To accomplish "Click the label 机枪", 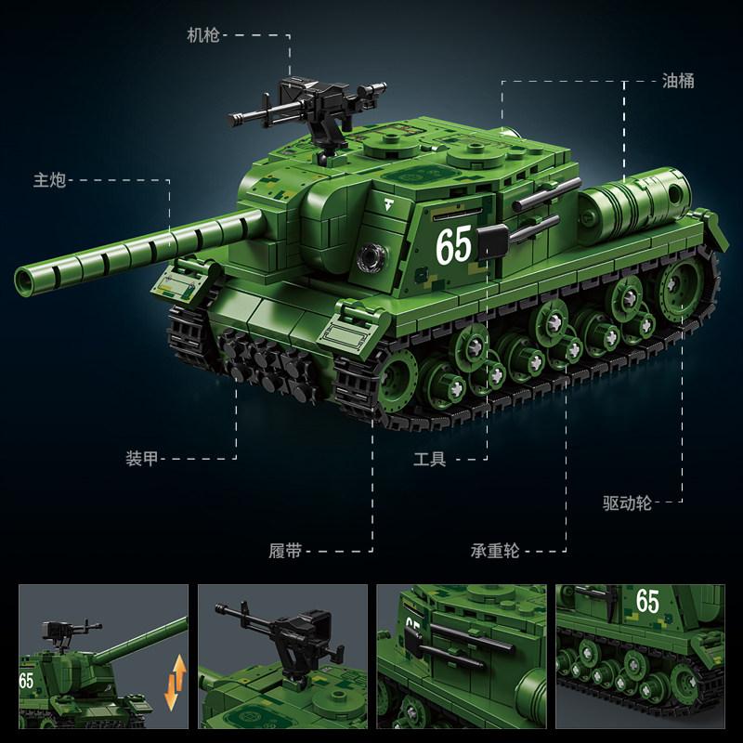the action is click(203, 35).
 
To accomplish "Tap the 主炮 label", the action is click(49, 180).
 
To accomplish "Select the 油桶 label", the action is click(678, 81).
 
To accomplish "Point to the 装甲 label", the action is click(142, 459).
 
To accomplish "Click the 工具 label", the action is click(429, 459).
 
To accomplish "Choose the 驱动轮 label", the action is click(628, 502).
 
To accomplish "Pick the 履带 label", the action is click(285, 551).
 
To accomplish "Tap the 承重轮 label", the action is click(495, 551).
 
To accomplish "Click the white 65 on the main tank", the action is click(454, 244).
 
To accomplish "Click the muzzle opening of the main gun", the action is click(24, 281).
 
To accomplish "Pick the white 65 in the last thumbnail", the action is click(647, 601).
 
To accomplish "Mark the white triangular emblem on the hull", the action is click(389, 204).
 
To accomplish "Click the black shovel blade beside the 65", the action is click(493, 241).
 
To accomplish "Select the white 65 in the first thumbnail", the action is click(26, 681).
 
